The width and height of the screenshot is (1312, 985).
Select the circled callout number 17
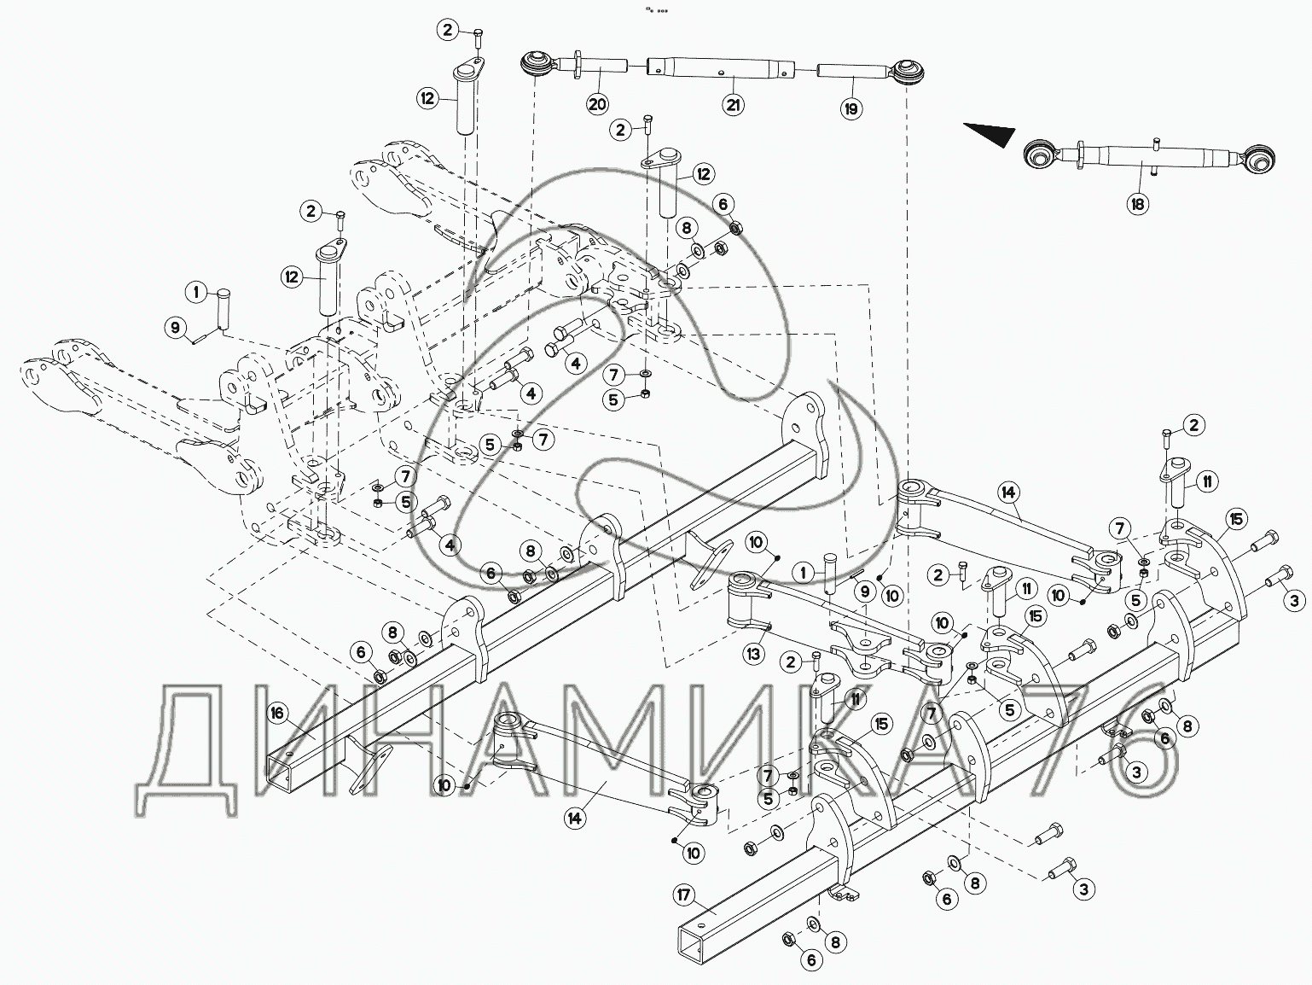pos(684,895)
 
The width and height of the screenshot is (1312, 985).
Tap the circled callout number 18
pos(1137,204)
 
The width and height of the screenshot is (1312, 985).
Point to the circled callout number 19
pos(850,108)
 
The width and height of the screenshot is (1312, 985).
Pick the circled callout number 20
pos(597,105)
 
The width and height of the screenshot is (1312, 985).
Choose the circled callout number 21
pos(733,105)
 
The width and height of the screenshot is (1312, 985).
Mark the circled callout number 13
pos(754,654)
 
